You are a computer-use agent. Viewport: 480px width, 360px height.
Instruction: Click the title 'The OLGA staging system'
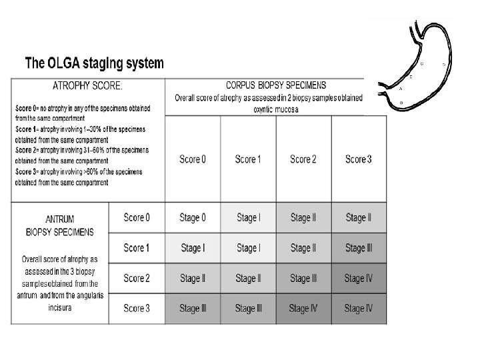click(x=94, y=64)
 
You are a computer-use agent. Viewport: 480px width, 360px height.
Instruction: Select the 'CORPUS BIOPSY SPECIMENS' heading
click(x=276, y=85)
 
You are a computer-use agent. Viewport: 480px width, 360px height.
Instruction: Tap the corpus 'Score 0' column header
click(x=193, y=159)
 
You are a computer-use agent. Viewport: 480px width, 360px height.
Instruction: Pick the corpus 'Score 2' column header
click(x=303, y=159)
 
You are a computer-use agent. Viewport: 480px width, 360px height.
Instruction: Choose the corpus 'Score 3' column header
click(x=359, y=159)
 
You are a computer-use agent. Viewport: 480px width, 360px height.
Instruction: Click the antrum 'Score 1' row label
click(x=137, y=248)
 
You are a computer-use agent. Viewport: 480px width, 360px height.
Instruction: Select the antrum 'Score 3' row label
click(x=137, y=308)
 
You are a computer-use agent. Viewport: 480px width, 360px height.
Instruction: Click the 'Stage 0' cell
click(x=193, y=217)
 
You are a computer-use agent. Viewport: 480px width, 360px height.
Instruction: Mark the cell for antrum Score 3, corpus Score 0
click(x=193, y=308)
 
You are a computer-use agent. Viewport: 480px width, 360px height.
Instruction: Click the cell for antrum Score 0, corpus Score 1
click(x=248, y=217)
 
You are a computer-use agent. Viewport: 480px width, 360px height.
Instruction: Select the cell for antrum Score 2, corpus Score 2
click(x=303, y=278)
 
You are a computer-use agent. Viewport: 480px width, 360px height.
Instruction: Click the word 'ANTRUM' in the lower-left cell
click(x=60, y=221)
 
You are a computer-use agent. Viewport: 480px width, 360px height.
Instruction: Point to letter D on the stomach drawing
click(x=443, y=64)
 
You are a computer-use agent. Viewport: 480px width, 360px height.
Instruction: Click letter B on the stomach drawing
click(x=401, y=102)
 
